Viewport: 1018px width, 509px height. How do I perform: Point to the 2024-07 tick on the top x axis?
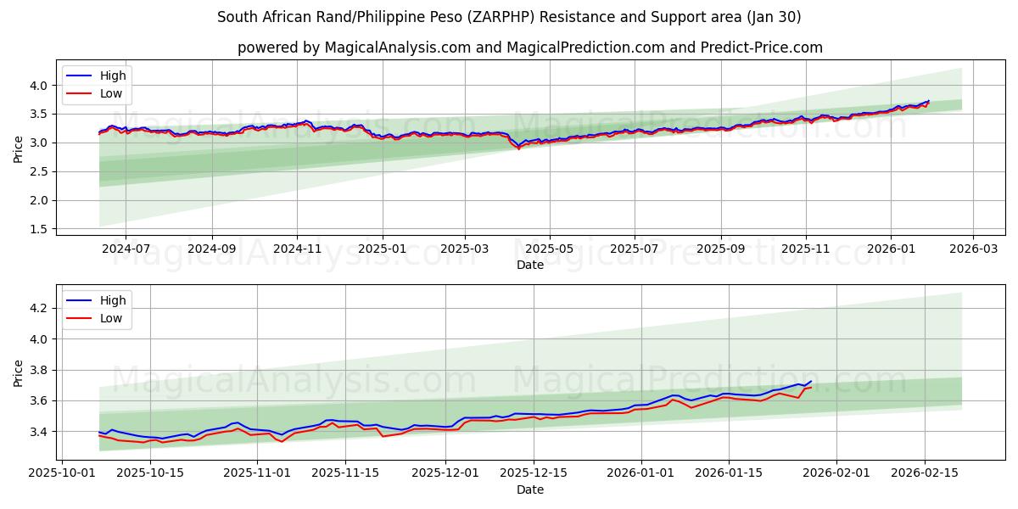pyautogui.click(x=125, y=249)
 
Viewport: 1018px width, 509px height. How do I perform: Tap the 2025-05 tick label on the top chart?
pyautogui.click(x=549, y=249)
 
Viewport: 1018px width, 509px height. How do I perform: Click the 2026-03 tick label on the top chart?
pyautogui.click(x=972, y=249)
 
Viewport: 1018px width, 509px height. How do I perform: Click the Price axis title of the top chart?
pyautogui.click(x=19, y=148)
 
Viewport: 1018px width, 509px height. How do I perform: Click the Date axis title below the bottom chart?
pyautogui.click(x=530, y=489)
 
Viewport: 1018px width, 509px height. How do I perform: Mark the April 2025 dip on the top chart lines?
pyautogui.click(x=518, y=148)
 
